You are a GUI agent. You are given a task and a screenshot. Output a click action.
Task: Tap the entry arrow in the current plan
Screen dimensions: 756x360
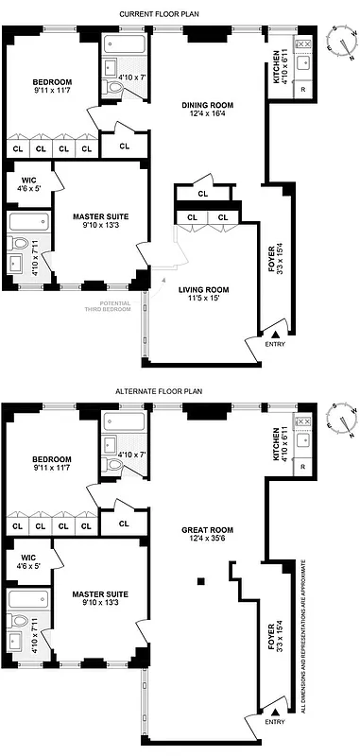(275, 335)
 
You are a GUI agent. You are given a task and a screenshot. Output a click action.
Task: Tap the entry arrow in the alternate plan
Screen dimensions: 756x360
(275, 711)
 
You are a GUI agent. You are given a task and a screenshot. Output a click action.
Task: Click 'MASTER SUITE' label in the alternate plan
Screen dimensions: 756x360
(100, 595)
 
